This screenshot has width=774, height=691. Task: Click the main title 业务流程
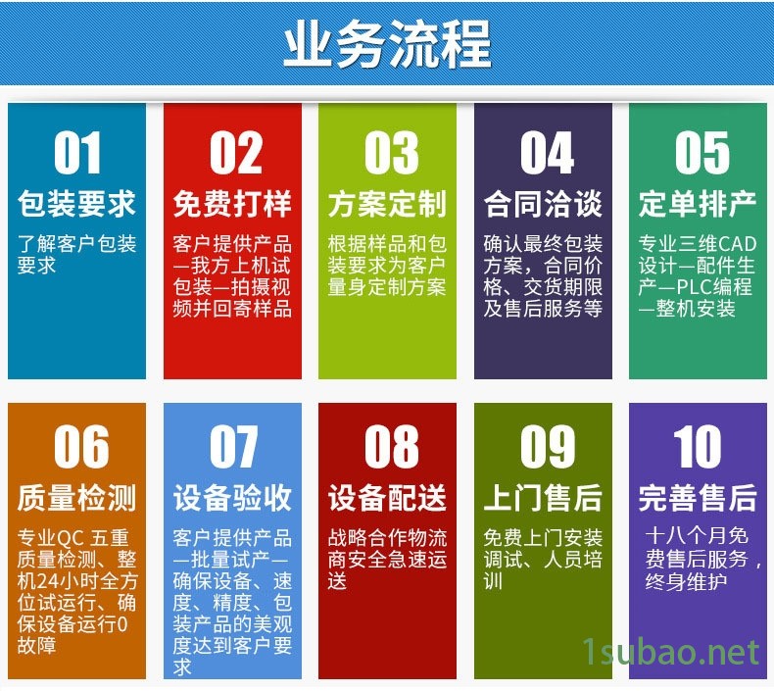coord(388,44)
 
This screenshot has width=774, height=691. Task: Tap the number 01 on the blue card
coord(77,153)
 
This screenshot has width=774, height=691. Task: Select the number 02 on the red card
coord(235,153)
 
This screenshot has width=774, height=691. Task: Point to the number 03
coord(392,153)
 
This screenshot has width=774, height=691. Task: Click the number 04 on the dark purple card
coord(547,153)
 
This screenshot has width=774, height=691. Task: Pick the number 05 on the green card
coord(701,153)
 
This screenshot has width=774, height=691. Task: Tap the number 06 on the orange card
coord(81,447)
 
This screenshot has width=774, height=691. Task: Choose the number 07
coord(233,447)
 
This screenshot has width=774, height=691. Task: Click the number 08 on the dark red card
coord(392,447)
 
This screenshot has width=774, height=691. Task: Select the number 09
coord(548,447)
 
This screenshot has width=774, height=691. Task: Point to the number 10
coord(697,447)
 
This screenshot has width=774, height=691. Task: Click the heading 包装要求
coord(76,204)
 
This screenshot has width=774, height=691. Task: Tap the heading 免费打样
coord(232,204)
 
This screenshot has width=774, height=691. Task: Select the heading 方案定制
coord(388,204)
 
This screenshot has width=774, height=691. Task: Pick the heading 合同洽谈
coord(543,204)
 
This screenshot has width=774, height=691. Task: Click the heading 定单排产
coord(698,204)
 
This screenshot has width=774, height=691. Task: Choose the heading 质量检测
coord(76,497)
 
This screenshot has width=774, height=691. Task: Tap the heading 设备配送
coord(388,497)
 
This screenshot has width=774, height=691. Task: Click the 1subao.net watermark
coord(671,652)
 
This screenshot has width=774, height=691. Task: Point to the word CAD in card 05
coord(737,244)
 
